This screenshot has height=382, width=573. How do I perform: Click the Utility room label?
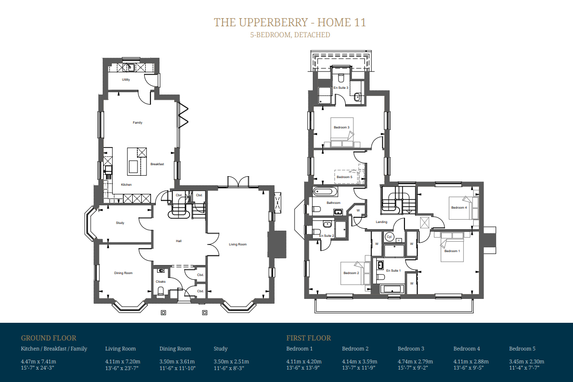click(x=126, y=80)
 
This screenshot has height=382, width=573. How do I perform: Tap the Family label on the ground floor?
click(x=138, y=123)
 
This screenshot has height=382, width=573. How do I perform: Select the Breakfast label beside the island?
click(x=157, y=164)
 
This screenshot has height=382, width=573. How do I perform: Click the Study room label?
click(x=120, y=223)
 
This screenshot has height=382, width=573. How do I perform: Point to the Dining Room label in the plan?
click(x=123, y=273)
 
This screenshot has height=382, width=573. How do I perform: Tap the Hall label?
click(x=179, y=241)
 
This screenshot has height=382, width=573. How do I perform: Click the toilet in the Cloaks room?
click(x=160, y=291)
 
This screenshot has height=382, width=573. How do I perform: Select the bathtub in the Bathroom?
click(x=325, y=191)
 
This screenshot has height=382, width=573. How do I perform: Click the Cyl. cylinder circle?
click(x=389, y=237)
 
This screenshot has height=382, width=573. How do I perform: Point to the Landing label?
click(x=382, y=222)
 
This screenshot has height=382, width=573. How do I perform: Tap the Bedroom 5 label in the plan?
click(x=344, y=177)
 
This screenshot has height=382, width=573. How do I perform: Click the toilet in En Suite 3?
click(x=341, y=78)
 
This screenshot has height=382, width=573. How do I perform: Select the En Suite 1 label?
click(x=393, y=270)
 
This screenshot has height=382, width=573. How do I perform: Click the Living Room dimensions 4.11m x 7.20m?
click(x=123, y=361)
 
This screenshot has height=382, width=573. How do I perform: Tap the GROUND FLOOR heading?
click(x=49, y=338)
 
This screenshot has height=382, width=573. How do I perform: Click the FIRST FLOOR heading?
click(x=308, y=338)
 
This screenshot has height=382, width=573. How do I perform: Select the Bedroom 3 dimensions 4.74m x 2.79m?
click(x=415, y=361)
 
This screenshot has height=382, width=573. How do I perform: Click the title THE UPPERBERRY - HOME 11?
click(x=290, y=22)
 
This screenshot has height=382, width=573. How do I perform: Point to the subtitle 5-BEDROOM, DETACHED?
click(x=290, y=35)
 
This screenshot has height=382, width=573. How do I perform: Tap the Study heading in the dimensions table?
click(x=221, y=349)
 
